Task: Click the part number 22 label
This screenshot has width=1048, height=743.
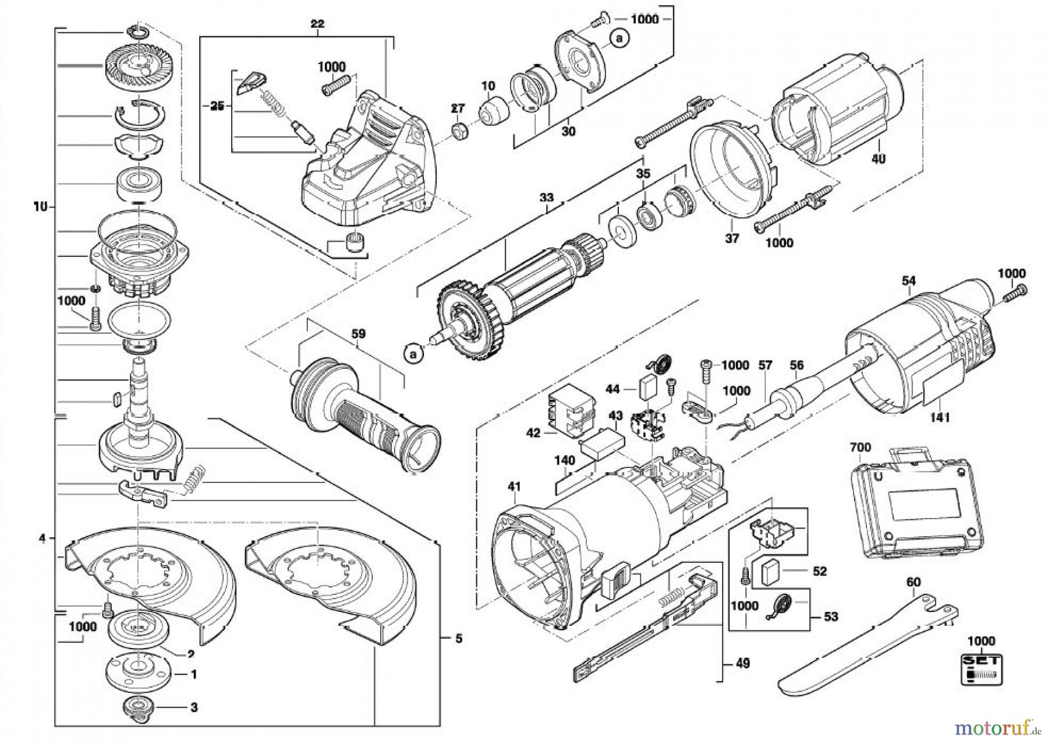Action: [317, 24]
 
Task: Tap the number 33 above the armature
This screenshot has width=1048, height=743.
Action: [546, 198]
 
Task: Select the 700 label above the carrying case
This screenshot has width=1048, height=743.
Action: [861, 448]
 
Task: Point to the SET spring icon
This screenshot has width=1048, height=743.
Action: [981, 669]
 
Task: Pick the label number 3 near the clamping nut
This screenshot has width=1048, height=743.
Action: [193, 707]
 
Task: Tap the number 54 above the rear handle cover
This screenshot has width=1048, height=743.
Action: [908, 281]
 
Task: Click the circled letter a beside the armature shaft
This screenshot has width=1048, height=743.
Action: [413, 353]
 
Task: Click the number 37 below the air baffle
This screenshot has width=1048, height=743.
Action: [732, 238]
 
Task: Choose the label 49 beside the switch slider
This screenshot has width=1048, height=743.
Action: [742, 663]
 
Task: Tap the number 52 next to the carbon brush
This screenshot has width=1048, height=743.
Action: [820, 572]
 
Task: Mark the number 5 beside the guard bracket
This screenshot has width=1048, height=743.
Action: [459, 639]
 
